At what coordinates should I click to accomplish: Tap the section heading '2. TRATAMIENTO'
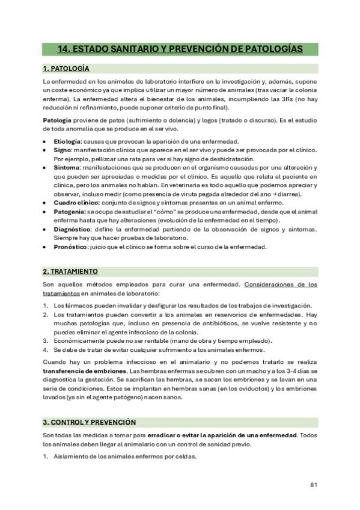tap(70, 271)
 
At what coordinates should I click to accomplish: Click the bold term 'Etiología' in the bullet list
tap(67, 141)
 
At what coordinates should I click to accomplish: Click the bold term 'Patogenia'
tap(69, 212)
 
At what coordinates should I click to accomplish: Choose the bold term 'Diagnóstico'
tap(72, 230)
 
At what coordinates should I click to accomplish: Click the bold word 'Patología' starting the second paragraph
tap(57, 120)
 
